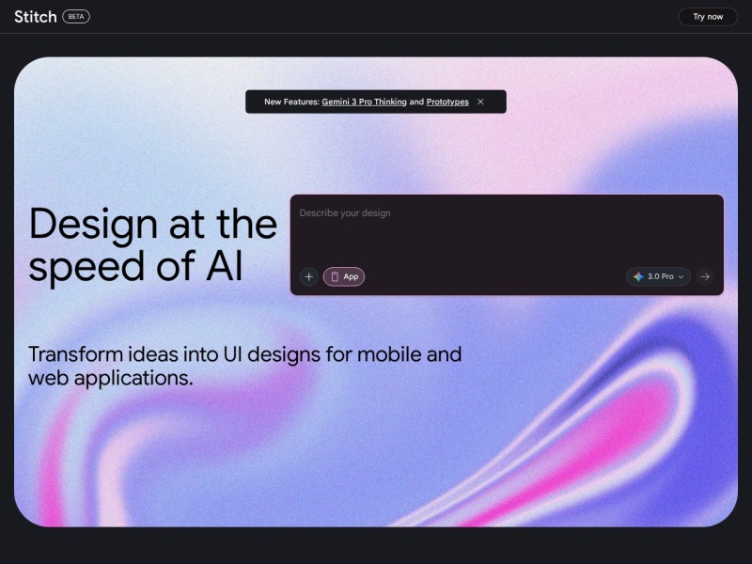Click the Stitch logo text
35,17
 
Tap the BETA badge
76,17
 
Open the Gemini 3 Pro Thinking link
364,102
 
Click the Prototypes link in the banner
447,102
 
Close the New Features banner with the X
480,102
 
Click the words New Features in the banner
290,102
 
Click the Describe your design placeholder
345,213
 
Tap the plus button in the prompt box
309,276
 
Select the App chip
344,276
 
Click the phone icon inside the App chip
335,276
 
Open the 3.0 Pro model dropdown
659,276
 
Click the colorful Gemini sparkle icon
638,276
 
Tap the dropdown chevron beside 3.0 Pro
681,277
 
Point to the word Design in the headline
93,224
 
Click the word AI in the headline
225,266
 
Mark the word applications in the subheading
134,379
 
